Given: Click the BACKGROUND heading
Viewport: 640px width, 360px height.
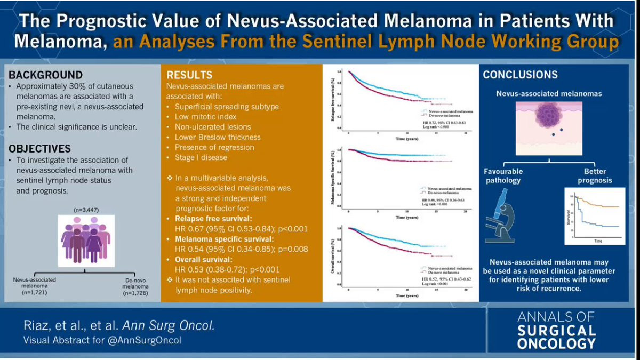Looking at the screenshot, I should pyautogui.click(x=45, y=75).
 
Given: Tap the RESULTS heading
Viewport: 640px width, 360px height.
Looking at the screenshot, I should pyautogui.click(x=189, y=75).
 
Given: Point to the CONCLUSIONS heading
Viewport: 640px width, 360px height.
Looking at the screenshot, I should pyautogui.click(x=520, y=75).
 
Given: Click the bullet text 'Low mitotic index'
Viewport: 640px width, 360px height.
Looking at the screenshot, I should pyautogui.click(x=206, y=116).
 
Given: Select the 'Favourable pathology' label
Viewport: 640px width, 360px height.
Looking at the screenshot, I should pyautogui.click(x=503, y=176).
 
